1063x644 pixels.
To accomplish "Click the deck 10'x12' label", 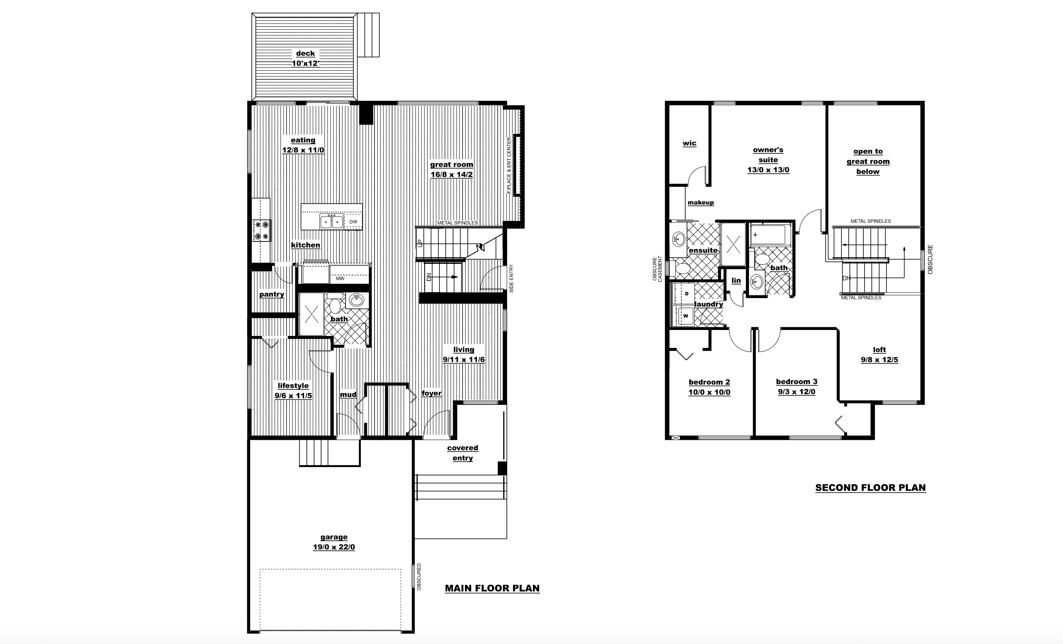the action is (x=306, y=58).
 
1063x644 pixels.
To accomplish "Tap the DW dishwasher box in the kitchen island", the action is (x=353, y=222).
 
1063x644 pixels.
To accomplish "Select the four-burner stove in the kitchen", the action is (x=261, y=230).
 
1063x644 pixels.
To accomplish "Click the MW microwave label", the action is (x=340, y=279).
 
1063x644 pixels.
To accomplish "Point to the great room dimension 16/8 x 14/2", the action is (x=452, y=175).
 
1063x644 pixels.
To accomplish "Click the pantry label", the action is (x=272, y=295).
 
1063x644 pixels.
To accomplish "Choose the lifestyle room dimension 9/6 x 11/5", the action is (x=293, y=395).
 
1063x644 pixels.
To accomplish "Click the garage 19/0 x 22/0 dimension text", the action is (x=334, y=547).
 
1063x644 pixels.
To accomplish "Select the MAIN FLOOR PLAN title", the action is (x=492, y=588).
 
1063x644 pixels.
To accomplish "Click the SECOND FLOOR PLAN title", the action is (x=871, y=487).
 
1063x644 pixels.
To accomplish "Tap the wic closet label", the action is (x=689, y=143).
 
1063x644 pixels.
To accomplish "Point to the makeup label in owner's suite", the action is (x=700, y=202).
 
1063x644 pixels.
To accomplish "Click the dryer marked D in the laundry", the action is (x=684, y=294).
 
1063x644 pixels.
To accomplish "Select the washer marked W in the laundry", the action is (x=684, y=316).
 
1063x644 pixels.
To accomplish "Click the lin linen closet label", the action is (x=736, y=281).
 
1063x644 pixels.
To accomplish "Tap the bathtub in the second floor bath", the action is (x=771, y=235).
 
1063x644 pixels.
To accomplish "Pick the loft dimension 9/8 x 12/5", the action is (x=880, y=359).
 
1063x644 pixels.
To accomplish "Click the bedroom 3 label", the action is (x=796, y=381).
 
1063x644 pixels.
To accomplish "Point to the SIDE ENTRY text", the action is (x=512, y=279).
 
